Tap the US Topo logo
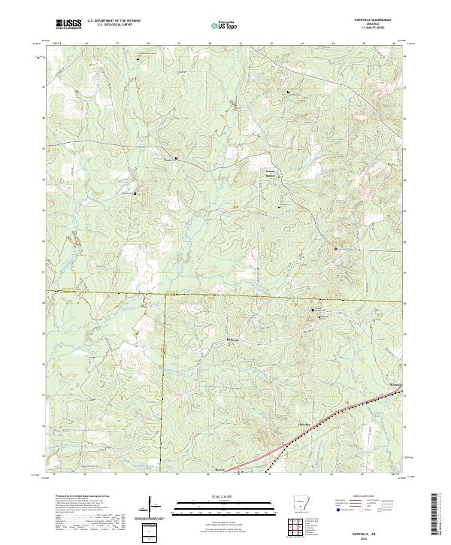pos(225,25)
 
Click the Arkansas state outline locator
pos(300,502)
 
